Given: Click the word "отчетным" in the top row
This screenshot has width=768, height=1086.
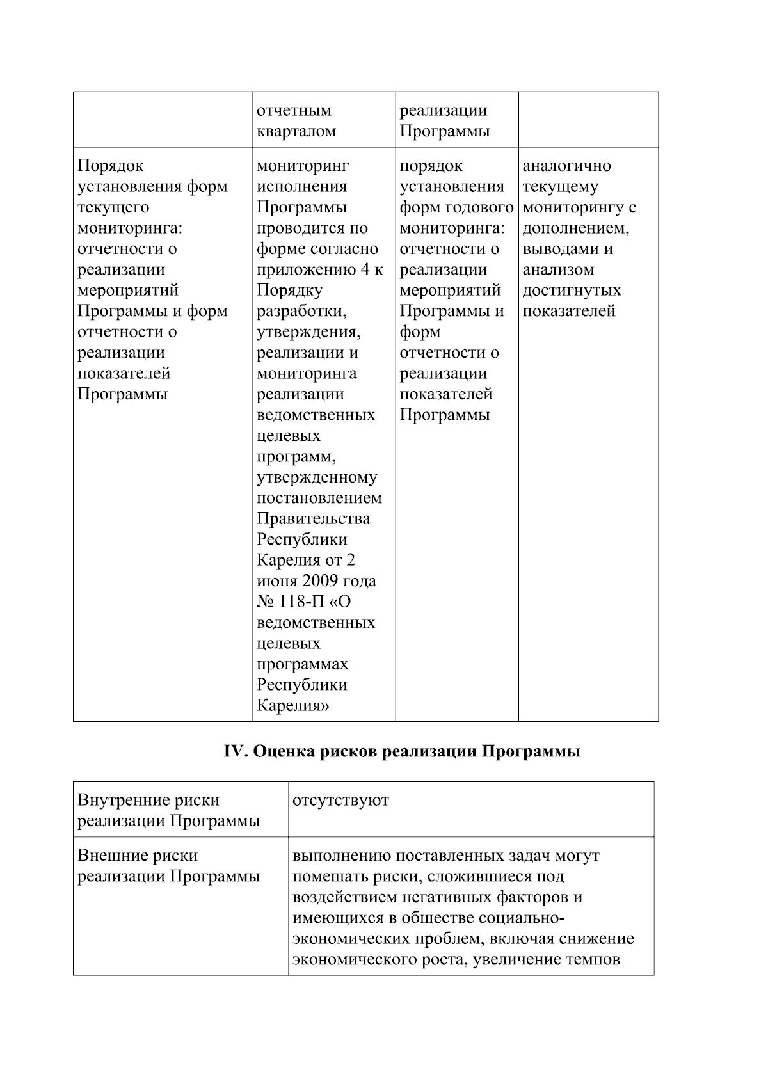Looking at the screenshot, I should pos(294,111).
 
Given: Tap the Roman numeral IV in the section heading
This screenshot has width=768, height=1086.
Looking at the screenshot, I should pos(235,751).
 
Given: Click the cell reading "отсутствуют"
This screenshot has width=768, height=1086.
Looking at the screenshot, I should pos(340,801).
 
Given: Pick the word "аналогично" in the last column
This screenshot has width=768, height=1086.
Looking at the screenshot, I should pos(566,166).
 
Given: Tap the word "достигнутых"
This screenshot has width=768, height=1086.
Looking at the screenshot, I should pos(572,291).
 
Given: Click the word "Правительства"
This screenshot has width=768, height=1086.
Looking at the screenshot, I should pos(313,518).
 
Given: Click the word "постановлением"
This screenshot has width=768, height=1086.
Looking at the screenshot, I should pos(319,498).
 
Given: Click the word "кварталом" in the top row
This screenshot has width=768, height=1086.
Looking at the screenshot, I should pos(296,131).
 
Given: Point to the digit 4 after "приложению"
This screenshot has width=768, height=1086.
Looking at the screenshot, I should pos(365,269).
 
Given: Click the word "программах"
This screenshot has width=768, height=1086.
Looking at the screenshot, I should pos(302,664).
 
